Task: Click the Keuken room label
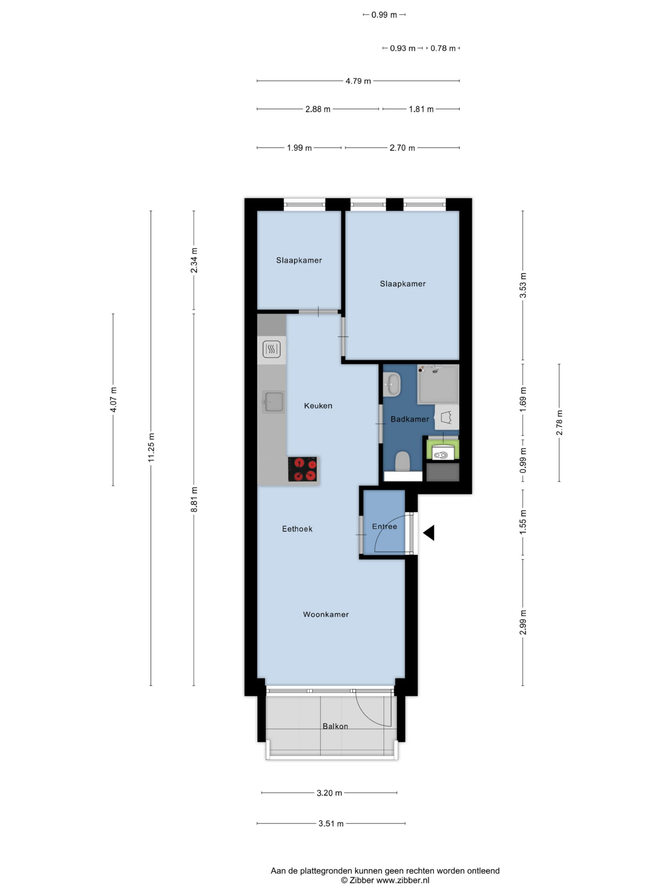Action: tap(318, 406)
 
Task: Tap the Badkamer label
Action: tap(409, 419)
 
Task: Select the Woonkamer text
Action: tap(325, 614)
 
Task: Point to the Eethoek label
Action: tap(297, 529)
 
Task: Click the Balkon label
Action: tap(335, 726)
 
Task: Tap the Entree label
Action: tap(384, 527)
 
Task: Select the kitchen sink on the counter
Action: tap(273, 402)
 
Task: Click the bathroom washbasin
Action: tap(392, 384)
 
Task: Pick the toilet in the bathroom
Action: tap(402, 461)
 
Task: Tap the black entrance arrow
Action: tap(429, 533)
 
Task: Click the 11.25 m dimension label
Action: tap(151, 447)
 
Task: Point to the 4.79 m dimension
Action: tap(358, 81)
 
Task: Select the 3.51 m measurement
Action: tap(331, 823)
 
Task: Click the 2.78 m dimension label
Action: tap(559, 423)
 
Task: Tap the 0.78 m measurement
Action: tap(443, 48)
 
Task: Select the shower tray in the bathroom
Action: tap(438, 384)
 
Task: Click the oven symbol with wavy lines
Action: tap(271, 349)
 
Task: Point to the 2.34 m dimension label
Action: tap(194, 260)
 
